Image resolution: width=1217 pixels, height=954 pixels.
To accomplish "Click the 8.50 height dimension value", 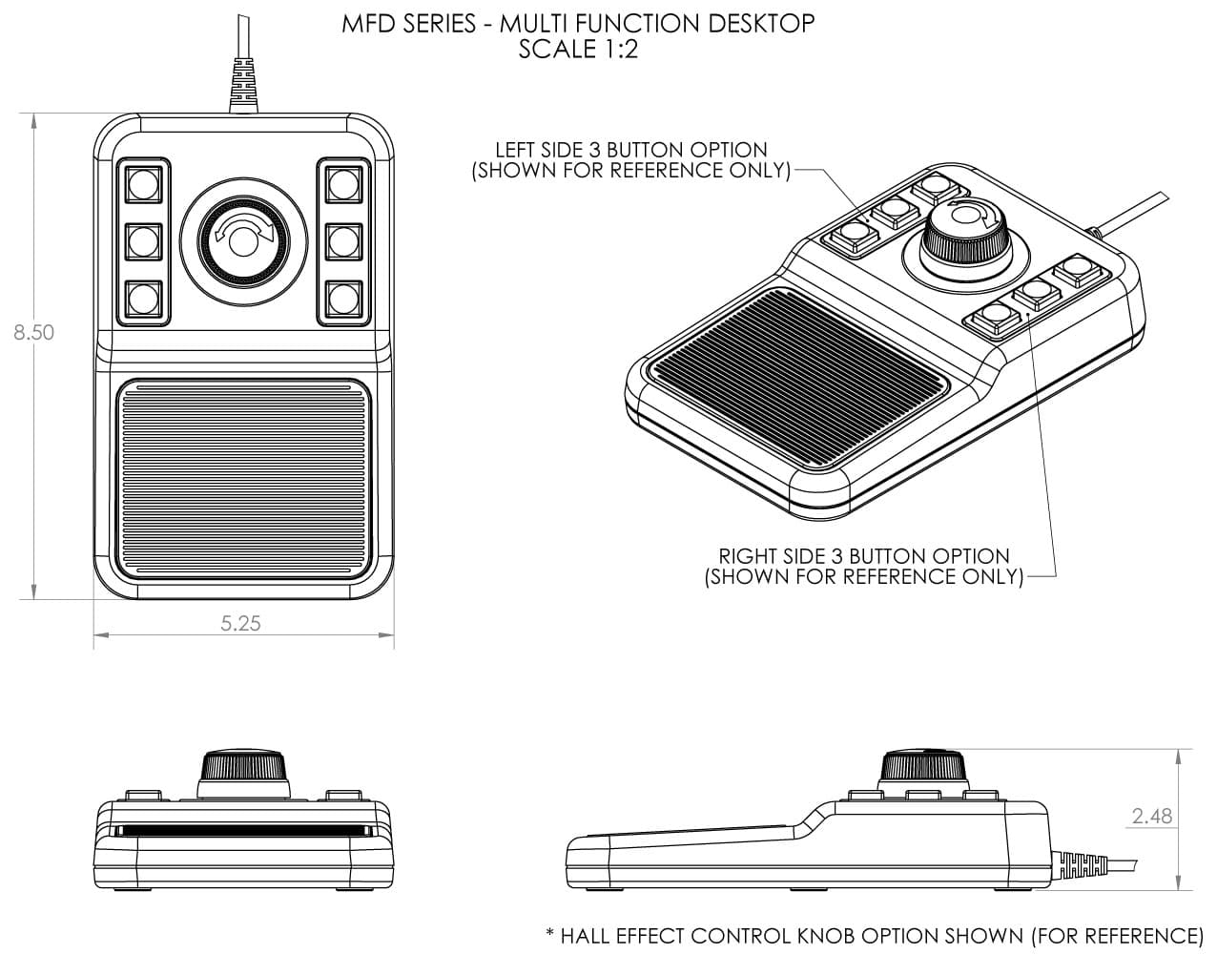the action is click(33, 332).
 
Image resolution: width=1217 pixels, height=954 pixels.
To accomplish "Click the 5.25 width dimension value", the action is click(240, 624).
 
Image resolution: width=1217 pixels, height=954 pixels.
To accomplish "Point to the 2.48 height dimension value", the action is click(1151, 817).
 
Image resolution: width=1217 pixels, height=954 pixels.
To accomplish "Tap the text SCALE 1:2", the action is click(578, 50).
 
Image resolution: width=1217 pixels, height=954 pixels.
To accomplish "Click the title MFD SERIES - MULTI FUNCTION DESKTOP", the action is click(578, 24).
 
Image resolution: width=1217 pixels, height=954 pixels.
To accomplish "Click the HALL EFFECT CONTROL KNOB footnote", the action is click(875, 936).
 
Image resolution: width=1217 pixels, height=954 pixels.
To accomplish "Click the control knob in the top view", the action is click(243, 242).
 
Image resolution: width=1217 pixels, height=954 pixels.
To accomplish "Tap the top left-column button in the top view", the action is click(143, 184).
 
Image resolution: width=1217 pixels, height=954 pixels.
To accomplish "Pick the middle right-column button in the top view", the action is click(343, 241).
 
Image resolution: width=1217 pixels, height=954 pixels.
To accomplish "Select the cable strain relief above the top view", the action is click(244, 84).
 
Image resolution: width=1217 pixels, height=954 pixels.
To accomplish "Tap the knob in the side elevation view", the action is click(924, 764).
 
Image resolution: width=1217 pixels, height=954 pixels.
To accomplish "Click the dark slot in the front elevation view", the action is click(243, 830).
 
